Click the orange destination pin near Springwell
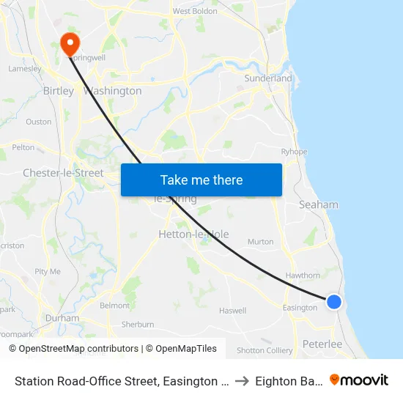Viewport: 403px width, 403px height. pos(70,43)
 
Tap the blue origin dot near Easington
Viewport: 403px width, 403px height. pos(334,301)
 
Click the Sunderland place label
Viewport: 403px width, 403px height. pos(268,78)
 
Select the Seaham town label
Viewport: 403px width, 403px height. pos(319,205)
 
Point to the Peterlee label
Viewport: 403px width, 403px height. pos(322,344)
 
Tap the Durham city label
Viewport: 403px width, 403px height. pos(62,319)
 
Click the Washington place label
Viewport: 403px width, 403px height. pos(113,91)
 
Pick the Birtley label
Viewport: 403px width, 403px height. pos(59,91)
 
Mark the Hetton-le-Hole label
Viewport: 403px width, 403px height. pos(193,234)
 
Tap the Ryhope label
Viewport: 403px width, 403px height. pos(294,152)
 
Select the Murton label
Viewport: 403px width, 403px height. pos(261,242)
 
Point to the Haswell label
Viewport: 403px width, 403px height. pos(232,311)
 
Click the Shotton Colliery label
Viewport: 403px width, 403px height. pos(265,350)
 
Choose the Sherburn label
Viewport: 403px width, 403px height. pos(138,324)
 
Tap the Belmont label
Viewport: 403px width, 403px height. pos(114,306)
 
